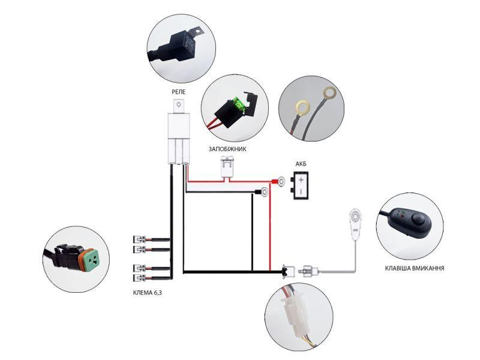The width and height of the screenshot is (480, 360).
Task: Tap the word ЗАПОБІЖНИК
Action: click(227, 148)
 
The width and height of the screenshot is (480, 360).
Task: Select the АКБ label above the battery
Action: click(301, 164)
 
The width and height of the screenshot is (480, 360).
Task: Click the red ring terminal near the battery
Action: click(280, 181)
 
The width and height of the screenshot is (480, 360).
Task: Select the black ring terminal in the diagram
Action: click(263, 193)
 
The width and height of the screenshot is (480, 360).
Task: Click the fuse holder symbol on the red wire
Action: click(227, 167)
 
